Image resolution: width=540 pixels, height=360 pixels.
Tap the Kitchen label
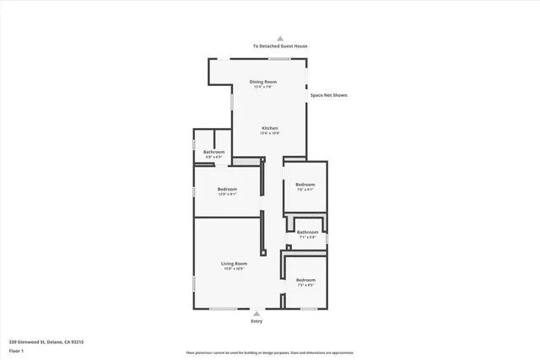[x=269, y=128]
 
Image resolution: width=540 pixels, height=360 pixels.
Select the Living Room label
[x=234, y=264]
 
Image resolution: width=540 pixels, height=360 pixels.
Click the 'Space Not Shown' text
[x=328, y=95]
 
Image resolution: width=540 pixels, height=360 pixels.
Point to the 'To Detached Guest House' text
[x=279, y=46]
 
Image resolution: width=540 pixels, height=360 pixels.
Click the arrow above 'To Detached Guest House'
[x=280, y=38]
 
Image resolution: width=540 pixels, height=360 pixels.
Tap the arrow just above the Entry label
[x=256, y=314]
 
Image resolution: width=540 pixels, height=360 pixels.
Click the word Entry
[x=256, y=321]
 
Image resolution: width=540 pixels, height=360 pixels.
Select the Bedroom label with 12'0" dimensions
[x=227, y=189]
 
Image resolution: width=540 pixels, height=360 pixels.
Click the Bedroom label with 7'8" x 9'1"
[x=305, y=185]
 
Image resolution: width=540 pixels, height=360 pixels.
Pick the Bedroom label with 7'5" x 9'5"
[x=305, y=280]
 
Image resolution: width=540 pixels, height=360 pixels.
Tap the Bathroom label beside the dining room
[x=213, y=152]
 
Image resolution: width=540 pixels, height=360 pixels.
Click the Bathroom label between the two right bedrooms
[x=307, y=232]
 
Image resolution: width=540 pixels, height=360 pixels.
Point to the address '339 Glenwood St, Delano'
[x=46, y=341]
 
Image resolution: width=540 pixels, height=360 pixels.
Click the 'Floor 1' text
[x=18, y=350]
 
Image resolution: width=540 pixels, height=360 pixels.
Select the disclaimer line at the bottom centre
[x=270, y=352]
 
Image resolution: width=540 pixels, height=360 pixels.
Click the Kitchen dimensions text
[x=269, y=133]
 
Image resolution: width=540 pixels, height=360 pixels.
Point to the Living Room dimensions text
[x=234, y=269]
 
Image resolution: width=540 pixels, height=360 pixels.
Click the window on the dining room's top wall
[x=280, y=58]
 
